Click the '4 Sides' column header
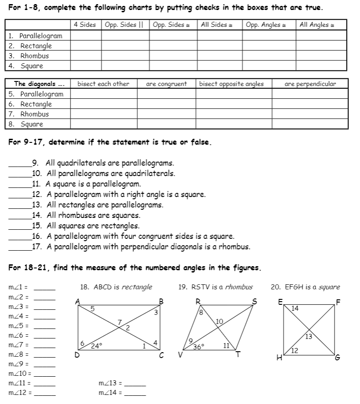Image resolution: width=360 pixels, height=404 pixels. click(x=85, y=25)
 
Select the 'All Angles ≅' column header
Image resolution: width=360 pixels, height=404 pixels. click(x=317, y=25)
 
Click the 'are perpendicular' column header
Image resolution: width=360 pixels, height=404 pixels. click(x=310, y=84)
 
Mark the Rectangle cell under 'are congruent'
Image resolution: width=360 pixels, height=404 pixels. click(x=166, y=104)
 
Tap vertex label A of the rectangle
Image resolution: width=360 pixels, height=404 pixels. click(x=77, y=301)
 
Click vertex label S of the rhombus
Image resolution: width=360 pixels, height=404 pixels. click(x=254, y=301)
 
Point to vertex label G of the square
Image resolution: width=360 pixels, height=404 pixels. click(x=337, y=358)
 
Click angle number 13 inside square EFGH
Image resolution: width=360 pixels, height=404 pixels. click(x=308, y=337)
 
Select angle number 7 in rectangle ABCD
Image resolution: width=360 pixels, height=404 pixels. click(x=119, y=322)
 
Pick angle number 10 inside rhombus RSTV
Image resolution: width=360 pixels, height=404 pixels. click(x=219, y=322)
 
